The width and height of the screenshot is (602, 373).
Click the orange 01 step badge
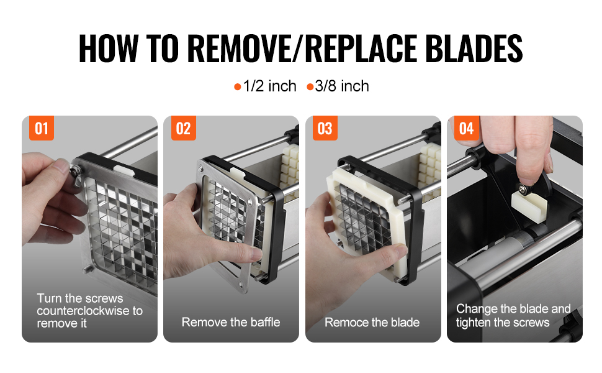[42, 128]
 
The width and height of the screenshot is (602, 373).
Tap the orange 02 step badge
[183, 128]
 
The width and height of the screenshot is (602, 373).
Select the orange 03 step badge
[325, 128]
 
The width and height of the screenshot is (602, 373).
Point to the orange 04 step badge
[467, 128]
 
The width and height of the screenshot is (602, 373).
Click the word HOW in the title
[108, 48]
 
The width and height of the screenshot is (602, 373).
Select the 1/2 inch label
[269, 86]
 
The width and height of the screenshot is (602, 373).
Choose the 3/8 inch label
[342, 86]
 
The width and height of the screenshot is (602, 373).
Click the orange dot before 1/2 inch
[237, 87]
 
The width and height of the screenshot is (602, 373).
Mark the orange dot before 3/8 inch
[310, 87]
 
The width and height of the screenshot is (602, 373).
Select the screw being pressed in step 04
[523, 189]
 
